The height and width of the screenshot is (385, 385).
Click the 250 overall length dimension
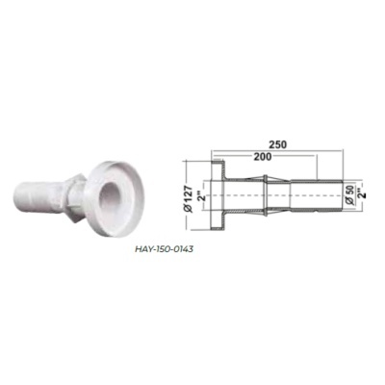point(278,144)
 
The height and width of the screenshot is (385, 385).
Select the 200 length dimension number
point(263,157)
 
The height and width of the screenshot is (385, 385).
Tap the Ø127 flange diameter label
point(189,198)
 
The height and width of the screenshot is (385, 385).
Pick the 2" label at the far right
point(362,195)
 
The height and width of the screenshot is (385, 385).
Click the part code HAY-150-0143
point(164,249)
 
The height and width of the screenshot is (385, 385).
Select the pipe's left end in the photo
point(18,198)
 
